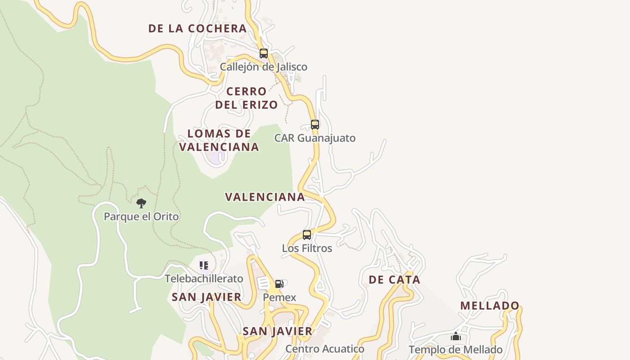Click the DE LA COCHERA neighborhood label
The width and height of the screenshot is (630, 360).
coord(198,28)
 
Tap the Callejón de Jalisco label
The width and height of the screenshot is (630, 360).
coord(263,67)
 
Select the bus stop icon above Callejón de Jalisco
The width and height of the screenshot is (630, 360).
coord(264,54)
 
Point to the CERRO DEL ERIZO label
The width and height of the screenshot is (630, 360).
coord(246,98)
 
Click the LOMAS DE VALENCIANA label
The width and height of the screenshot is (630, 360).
coord(219,140)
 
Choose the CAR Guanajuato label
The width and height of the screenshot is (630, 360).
coord(315,138)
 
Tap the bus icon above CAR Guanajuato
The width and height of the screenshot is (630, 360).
coord(315,125)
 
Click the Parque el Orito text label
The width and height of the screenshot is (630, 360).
coord(141,216)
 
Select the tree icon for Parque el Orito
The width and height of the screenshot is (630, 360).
coord(141,203)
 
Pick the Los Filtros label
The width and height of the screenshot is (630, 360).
coord(307,248)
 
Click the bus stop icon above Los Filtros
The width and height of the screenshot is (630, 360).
coord(307,235)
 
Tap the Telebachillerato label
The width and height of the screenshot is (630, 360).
coord(204,279)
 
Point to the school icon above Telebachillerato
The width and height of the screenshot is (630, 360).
coord(204,265)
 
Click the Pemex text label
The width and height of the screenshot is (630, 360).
coord(279,297)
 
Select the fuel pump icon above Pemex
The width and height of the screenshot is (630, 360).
coord(279,284)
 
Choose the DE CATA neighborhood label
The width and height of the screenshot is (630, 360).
coord(394,279)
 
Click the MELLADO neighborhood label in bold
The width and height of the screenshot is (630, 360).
coord(490,306)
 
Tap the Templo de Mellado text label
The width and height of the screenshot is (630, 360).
coord(455,350)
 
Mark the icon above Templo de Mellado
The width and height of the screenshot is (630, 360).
coord(456,337)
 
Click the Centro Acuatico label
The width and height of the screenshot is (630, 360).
coord(324,349)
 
